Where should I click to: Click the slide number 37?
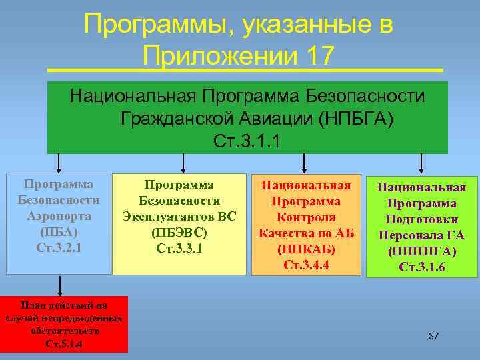coord(433,335)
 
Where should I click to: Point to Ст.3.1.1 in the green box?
coord(247,141)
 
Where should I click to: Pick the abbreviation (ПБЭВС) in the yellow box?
coord(179,233)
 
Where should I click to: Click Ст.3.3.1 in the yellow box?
coord(179,248)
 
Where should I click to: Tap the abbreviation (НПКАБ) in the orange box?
coord(305,249)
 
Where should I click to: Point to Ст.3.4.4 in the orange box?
coord(305,265)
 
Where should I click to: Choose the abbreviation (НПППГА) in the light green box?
coord(421,251)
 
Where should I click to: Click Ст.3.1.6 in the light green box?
coord(421,267)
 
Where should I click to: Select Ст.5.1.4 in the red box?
coord(64,344)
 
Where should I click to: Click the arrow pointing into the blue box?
coord(59,164)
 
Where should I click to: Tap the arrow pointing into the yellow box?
coord(183,164)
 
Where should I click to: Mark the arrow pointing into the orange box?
coord(304,164)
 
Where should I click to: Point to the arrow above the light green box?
coord(421,164)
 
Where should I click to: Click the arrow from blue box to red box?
coord(61,285)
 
